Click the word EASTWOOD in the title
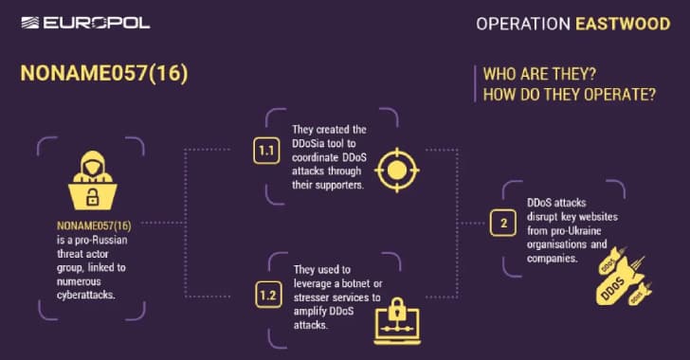624,22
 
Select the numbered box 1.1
267,151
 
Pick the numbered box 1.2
267,297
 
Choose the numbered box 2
502,225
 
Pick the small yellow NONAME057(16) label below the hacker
93,226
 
